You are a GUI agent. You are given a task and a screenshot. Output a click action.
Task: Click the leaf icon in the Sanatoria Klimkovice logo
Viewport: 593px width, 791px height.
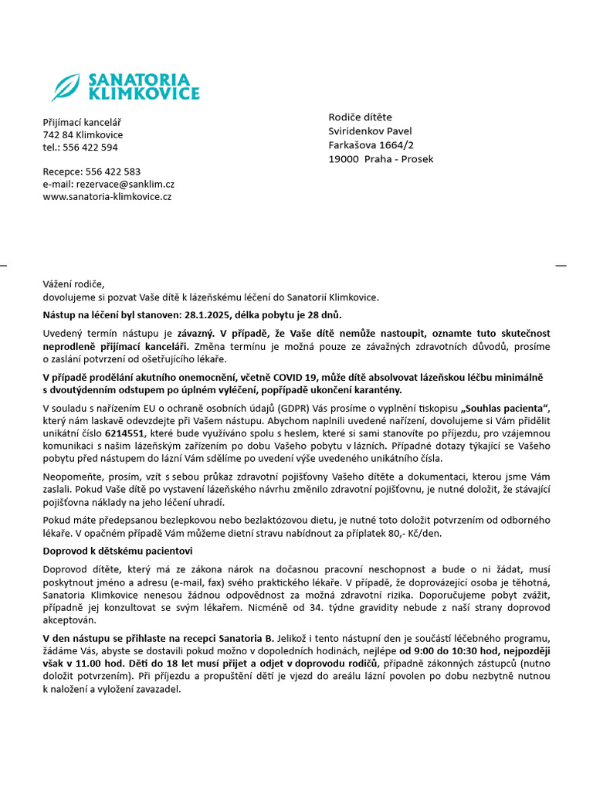(x=66, y=87)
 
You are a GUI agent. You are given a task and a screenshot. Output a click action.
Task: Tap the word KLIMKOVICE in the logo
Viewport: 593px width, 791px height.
(x=144, y=94)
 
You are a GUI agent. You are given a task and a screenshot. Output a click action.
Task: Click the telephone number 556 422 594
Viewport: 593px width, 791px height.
(x=90, y=147)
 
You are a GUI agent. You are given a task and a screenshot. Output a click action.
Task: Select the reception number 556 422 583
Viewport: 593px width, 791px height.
(x=113, y=171)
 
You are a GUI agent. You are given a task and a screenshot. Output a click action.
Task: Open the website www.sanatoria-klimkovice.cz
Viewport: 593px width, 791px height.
(x=107, y=196)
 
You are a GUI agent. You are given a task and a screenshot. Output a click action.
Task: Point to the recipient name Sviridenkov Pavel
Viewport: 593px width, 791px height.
(x=370, y=131)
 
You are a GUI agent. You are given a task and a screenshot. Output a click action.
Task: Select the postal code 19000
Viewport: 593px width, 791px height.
(x=344, y=159)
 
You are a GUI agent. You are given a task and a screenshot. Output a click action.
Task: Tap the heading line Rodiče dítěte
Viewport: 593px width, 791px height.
(x=361, y=117)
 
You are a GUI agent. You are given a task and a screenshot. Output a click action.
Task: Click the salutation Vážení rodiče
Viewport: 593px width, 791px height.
(x=73, y=284)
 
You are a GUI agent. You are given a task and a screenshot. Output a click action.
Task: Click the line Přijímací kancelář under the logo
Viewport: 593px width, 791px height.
(x=82, y=122)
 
